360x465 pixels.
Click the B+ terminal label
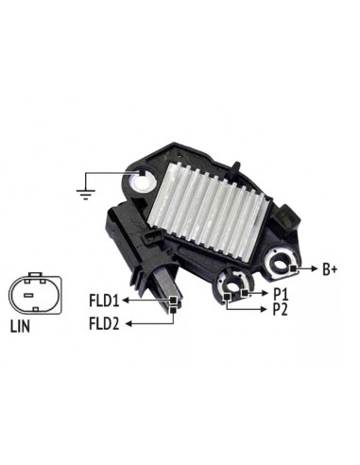tap(330, 268)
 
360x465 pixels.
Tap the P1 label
tap(281, 294)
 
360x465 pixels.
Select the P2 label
tap(281, 309)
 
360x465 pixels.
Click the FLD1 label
tap(104, 301)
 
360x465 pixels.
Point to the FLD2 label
tap(104, 323)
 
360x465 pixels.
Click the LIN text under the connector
tap(20, 326)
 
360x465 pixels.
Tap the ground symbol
tap(84, 194)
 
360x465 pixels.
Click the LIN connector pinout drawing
tap(35, 293)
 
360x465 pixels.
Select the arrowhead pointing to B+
tap(315, 268)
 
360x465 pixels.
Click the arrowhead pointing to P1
tap(265, 294)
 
